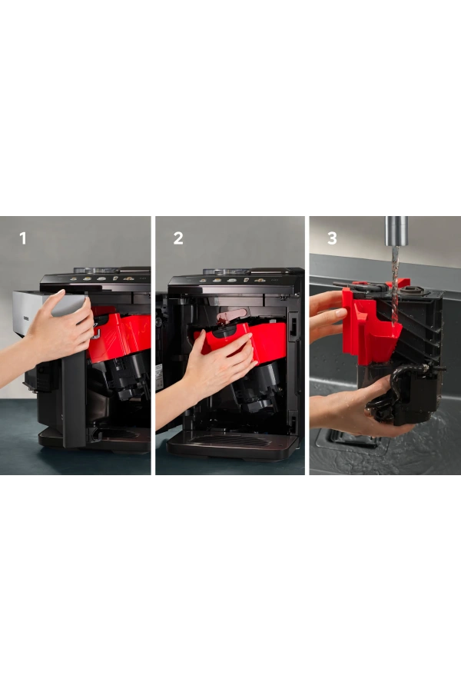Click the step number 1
23,238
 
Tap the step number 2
178,238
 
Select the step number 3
332,238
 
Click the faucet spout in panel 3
396,231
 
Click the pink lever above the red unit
231,315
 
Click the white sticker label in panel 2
159,377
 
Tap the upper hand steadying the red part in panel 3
327,314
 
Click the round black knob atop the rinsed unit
413,291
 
